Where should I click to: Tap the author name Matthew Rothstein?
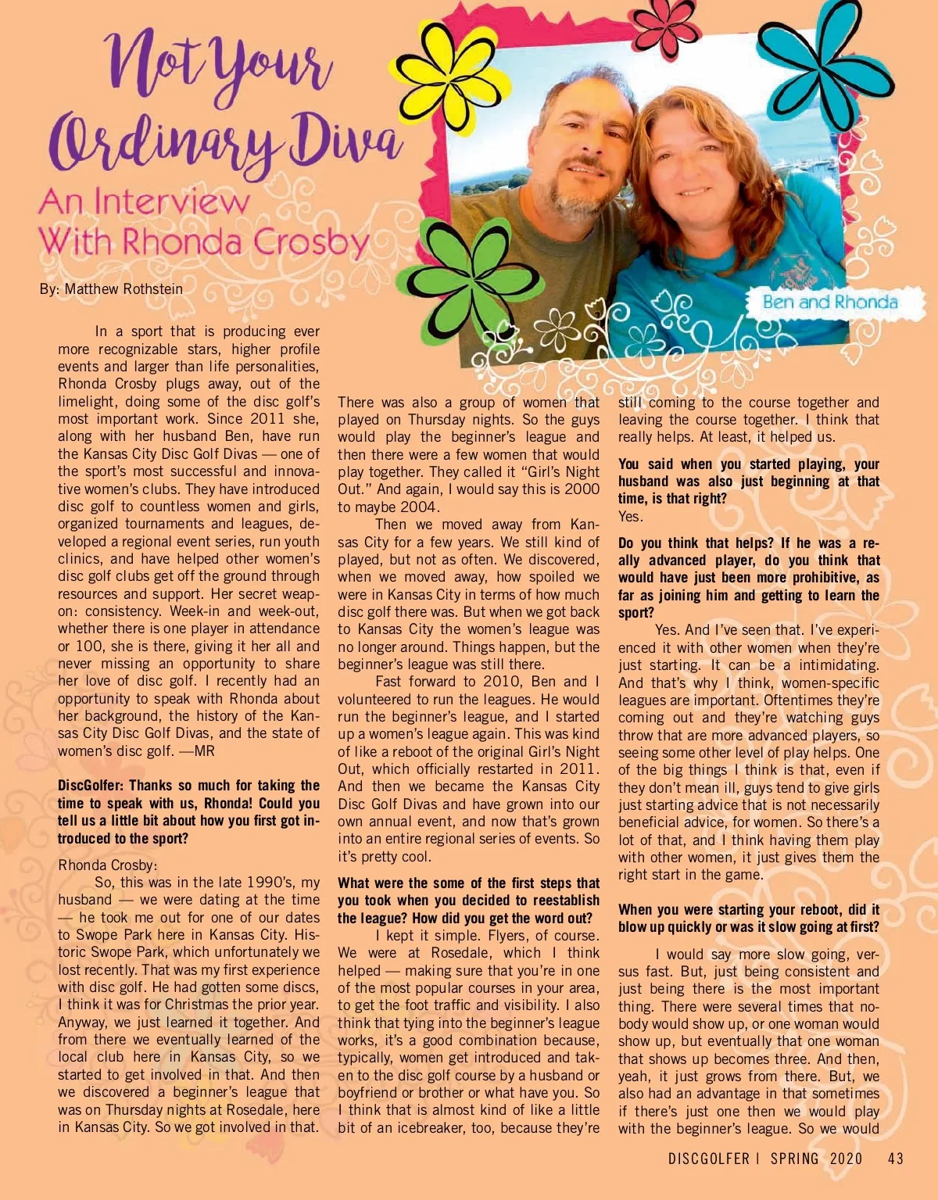pos(124,289)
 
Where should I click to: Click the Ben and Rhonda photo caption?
pos(830,303)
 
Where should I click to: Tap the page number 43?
pos(896,1159)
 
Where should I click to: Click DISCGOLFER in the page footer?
pos(708,1159)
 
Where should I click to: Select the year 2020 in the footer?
pos(846,1159)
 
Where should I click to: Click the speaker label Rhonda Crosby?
pos(108,865)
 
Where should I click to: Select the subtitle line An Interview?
pos(144,202)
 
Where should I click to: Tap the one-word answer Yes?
pos(630,517)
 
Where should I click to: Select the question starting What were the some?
pos(468,883)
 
